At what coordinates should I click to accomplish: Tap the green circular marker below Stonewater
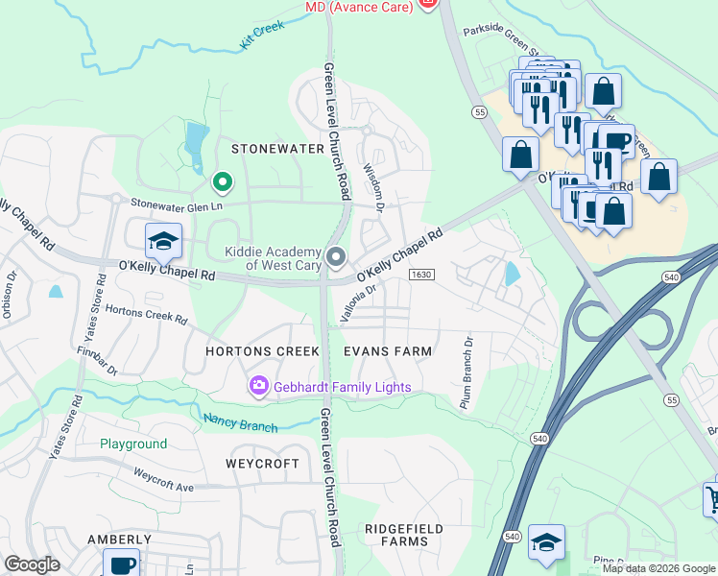tap(223, 180)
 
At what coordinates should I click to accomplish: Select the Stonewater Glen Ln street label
tap(182, 204)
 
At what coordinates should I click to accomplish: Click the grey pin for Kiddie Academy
tap(335, 256)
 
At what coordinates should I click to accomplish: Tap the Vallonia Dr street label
tap(356, 300)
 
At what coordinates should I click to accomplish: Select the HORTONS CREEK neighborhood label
tap(262, 351)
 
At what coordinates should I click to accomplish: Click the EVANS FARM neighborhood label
tap(388, 351)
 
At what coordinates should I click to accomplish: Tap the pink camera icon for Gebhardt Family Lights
tap(258, 387)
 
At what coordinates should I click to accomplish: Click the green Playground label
tap(133, 444)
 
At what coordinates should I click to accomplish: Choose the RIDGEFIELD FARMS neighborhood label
tap(403, 536)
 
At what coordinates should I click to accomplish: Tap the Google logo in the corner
tap(32, 564)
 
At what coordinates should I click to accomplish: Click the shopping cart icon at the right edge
tap(711, 497)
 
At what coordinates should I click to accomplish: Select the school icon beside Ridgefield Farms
tap(546, 542)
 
